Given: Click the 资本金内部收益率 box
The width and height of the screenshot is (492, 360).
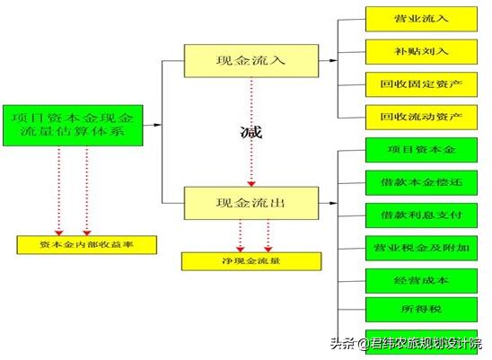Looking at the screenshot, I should [87, 244].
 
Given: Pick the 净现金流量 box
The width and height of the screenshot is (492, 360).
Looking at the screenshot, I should [250, 261].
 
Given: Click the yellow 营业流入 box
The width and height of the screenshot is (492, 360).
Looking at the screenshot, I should [421, 18].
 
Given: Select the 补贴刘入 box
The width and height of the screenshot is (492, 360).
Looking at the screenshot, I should [421, 50].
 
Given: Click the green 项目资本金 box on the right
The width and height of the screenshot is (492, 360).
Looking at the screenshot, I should [421, 148].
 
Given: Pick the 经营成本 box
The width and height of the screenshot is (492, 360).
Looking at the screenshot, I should [421, 279].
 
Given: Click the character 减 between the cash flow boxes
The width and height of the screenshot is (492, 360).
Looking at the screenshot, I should [252, 133].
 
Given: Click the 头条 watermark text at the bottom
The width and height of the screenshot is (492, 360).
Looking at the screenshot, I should [340, 343].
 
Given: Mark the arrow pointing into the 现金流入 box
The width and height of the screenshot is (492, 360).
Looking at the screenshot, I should [176, 60].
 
